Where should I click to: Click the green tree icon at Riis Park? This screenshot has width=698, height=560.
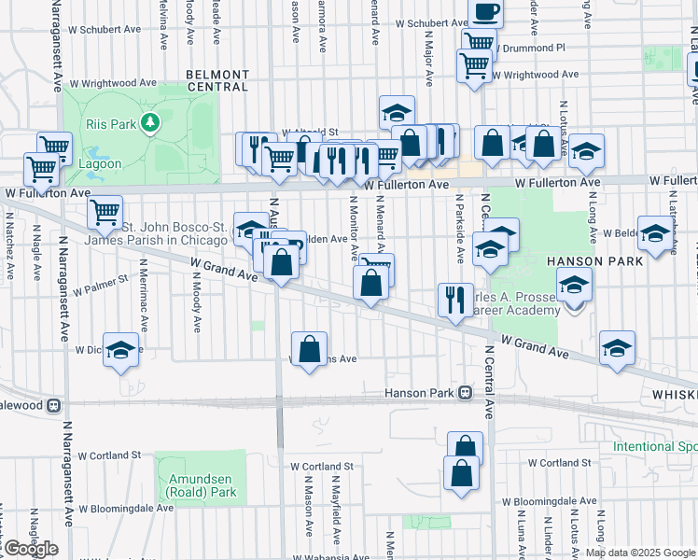tap(148, 122)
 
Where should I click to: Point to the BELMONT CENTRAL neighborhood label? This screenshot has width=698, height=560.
tap(217, 80)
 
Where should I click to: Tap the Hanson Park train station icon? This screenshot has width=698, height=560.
tap(464, 394)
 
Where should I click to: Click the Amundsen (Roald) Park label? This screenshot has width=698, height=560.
tap(202, 484)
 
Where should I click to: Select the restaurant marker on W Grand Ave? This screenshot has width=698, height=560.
tap(454, 300)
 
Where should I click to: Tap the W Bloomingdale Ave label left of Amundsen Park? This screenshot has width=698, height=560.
tap(126, 509)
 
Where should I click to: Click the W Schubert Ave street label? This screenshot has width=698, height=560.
tap(430, 24)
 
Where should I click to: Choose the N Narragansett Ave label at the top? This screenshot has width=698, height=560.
tap(57, 45)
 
